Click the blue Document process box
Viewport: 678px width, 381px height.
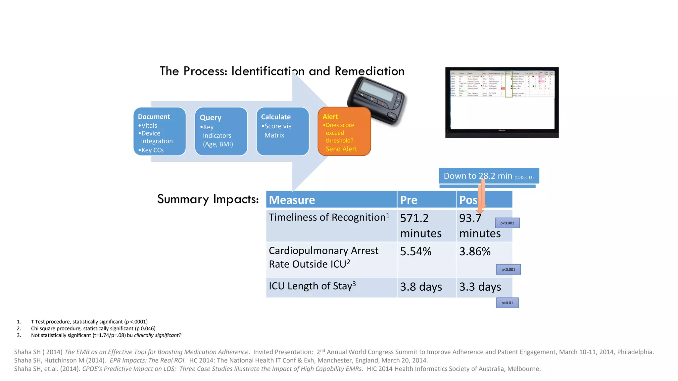[x=160, y=131]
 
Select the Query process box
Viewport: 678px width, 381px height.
[x=221, y=131]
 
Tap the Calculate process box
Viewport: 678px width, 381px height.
[x=282, y=131]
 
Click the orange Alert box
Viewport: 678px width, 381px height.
[x=344, y=131]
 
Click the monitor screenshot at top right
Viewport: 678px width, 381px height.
[x=502, y=103]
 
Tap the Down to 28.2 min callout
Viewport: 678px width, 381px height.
[x=489, y=176]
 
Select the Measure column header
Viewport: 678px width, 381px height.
[x=331, y=199]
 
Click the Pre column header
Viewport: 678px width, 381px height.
[x=426, y=199]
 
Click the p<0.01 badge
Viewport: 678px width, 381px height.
[x=507, y=303]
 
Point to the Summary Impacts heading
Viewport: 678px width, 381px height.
[x=208, y=199]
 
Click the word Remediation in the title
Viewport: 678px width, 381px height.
[x=369, y=71]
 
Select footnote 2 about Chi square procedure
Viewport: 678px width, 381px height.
[x=93, y=328]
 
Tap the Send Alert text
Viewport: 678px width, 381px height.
[x=341, y=149]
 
